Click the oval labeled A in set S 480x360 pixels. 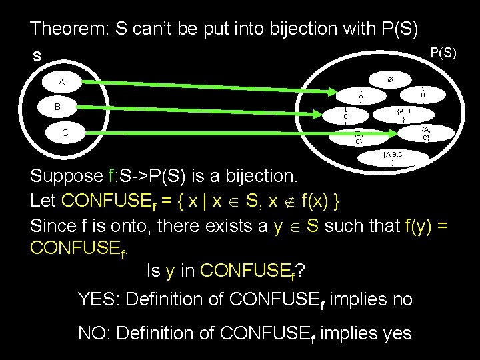coord(61,83)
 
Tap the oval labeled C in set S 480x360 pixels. coord(65,133)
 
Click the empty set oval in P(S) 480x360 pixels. coord(391,79)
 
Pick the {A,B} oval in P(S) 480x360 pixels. coord(403,114)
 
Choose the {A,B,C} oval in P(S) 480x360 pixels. coord(393,157)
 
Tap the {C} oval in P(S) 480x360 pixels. coord(345,117)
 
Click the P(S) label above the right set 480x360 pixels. coord(443,52)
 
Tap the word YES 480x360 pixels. coord(100,299)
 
